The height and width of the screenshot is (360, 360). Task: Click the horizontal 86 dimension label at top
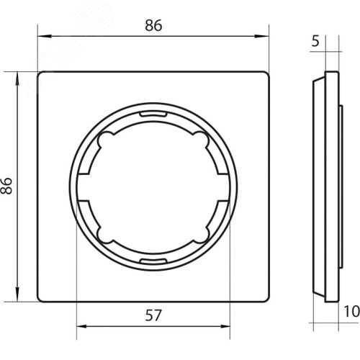(153, 25)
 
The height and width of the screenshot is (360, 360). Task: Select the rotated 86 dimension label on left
(6, 186)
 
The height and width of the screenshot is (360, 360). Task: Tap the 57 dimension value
(153, 315)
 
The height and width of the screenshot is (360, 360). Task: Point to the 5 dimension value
(315, 41)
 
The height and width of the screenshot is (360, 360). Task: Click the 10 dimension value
(352, 311)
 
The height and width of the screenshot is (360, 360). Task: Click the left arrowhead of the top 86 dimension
(45, 37)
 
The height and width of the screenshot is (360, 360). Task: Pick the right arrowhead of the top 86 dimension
(261, 37)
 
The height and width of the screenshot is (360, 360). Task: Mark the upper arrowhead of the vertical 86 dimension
(17, 78)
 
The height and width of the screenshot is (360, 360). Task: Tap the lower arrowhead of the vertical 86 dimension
(17, 294)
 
